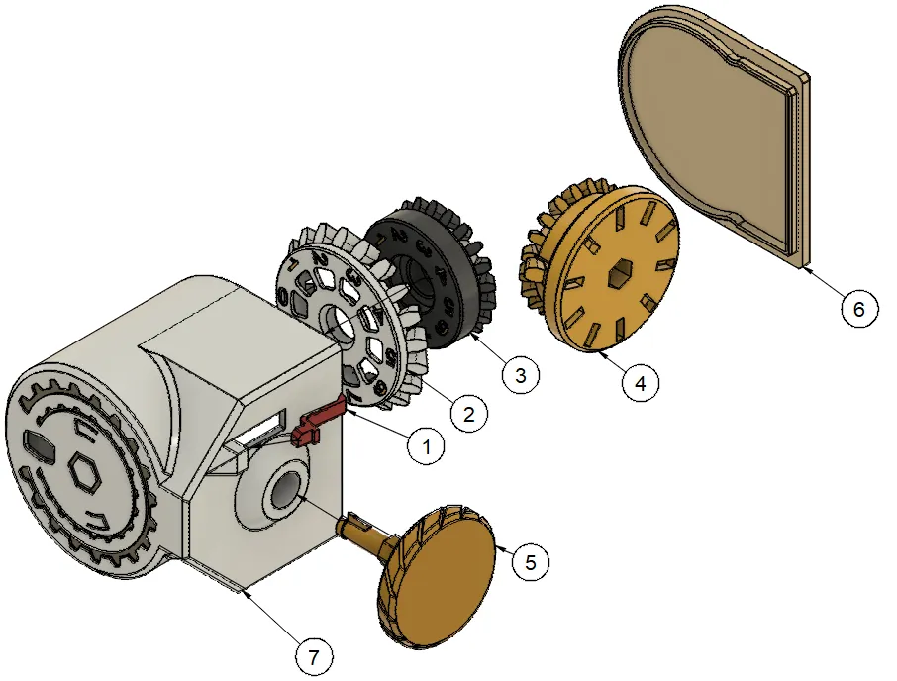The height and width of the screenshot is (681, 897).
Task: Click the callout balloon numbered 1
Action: click(x=426, y=446)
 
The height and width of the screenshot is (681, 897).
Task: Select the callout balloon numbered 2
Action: click(x=469, y=414)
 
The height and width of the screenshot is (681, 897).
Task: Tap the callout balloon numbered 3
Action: click(x=520, y=375)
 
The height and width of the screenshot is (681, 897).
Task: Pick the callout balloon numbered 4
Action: click(x=641, y=382)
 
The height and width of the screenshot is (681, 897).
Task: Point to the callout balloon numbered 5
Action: click(x=531, y=562)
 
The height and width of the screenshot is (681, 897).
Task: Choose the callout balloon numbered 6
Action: click(x=858, y=309)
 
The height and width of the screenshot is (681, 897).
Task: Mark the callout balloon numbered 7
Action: click(x=314, y=657)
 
